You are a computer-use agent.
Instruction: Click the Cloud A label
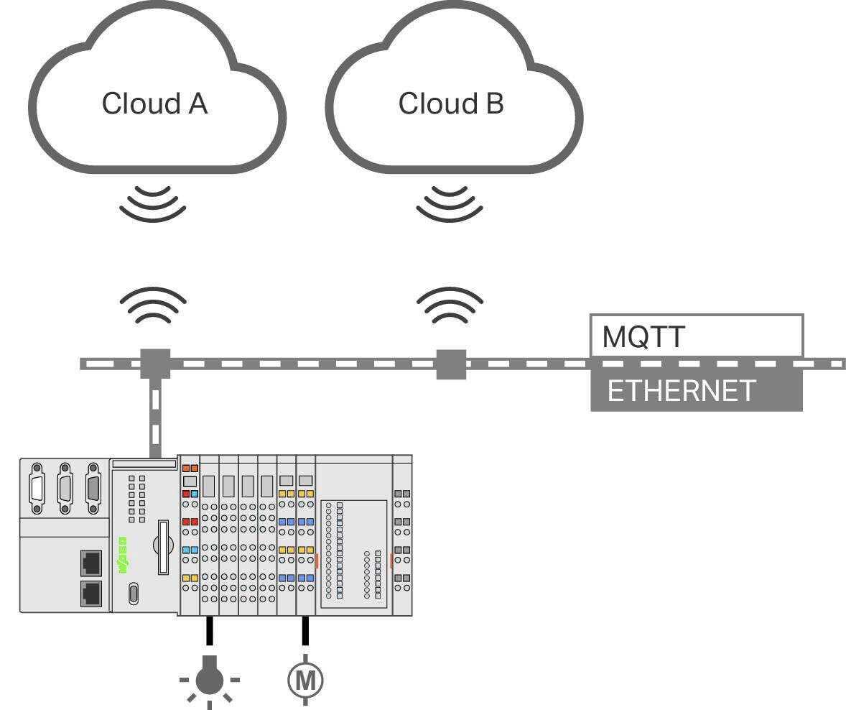pyautogui.click(x=154, y=103)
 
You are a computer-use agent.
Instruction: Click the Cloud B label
pyautogui.click(x=451, y=103)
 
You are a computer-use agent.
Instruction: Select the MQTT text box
pyautogui.click(x=695, y=336)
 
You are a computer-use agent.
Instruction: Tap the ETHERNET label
pyautogui.click(x=681, y=391)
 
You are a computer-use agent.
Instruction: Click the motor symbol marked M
pyautogui.click(x=305, y=678)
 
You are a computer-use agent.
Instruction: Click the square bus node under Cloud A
pyautogui.click(x=154, y=363)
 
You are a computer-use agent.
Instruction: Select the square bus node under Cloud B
pyautogui.click(x=451, y=364)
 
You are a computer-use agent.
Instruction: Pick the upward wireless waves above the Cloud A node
pyautogui.click(x=153, y=305)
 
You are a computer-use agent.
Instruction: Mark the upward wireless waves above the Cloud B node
pyautogui.click(x=450, y=305)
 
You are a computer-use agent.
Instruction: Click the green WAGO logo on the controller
pyautogui.click(x=122, y=555)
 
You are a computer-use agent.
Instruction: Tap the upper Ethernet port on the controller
pyautogui.click(x=91, y=561)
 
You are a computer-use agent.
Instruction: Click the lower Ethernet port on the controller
pyautogui.click(x=91, y=594)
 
